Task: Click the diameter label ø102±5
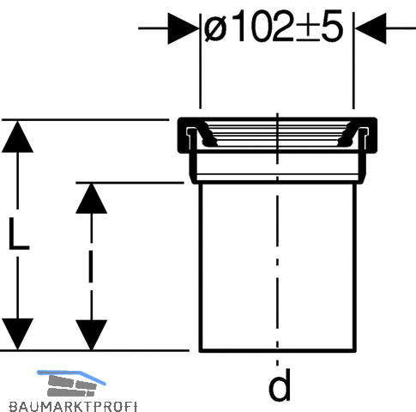click(x=274, y=26)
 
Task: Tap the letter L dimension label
click(x=19, y=233)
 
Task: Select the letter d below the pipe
click(x=280, y=385)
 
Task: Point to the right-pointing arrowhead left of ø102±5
click(x=183, y=28)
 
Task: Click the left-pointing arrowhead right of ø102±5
click(x=371, y=28)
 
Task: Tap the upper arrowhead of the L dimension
click(x=17, y=136)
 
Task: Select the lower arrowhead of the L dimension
click(x=17, y=334)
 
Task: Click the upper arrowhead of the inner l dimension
click(x=91, y=198)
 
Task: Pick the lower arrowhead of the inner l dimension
click(x=91, y=335)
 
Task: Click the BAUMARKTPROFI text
click(x=73, y=406)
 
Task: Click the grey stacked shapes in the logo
click(x=71, y=386)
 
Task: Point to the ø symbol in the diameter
click(x=215, y=28)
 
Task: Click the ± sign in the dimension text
click(x=308, y=28)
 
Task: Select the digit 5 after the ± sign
click(x=332, y=26)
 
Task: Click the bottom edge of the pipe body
click(x=277, y=350)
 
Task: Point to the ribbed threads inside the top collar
click(x=277, y=133)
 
